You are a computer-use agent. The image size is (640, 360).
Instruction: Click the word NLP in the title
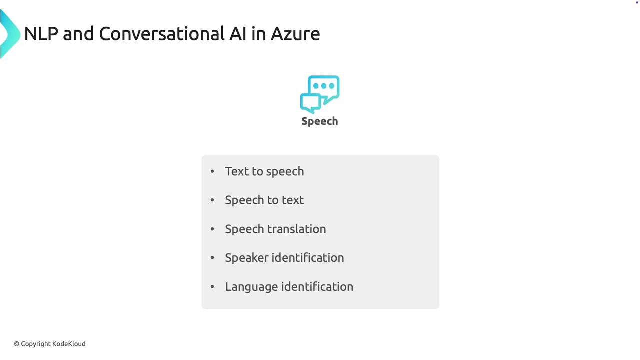pos(41,34)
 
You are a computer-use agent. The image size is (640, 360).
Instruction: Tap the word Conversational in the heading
pos(162,34)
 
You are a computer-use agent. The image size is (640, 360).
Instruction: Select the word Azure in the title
pos(295,34)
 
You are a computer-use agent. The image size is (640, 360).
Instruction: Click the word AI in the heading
pos(237,34)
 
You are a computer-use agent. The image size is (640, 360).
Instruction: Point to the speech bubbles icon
pos(320,94)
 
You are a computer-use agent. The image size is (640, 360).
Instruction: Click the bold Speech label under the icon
pos(320,121)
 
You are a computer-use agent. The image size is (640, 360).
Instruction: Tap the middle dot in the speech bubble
pos(323,85)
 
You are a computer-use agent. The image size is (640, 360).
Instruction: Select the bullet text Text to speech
pos(264,171)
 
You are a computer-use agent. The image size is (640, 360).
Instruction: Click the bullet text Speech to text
pos(264,200)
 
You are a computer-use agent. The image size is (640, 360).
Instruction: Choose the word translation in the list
pos(297,229)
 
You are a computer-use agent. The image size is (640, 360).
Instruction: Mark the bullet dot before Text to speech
pos(212,171)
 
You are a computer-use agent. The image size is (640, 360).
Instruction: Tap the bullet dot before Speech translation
pos(212,229)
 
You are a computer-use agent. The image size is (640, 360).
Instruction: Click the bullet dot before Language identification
pos(212,286)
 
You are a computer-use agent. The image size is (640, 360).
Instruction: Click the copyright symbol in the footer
pos(17,344)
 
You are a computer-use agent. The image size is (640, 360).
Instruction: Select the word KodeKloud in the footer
pos(69,344)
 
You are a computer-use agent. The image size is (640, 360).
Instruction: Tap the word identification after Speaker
pos(308,258)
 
